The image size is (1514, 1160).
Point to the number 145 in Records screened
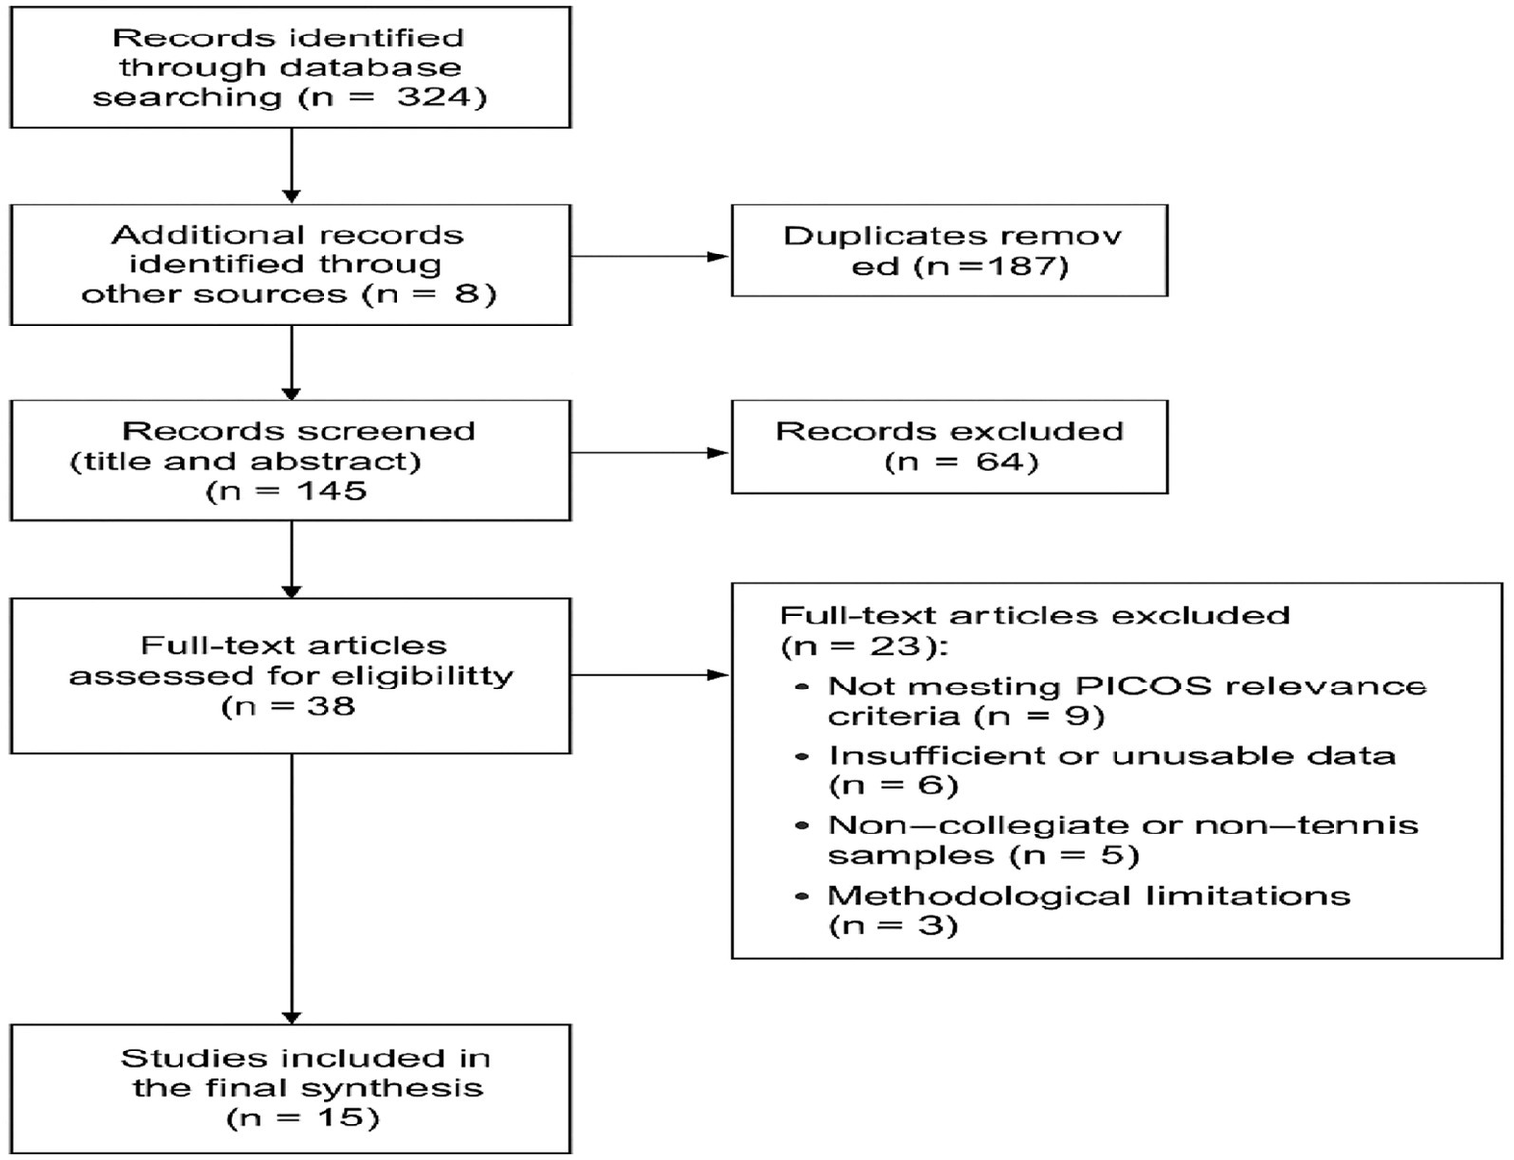tap(330, 491)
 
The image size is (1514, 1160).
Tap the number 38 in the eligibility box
tap(330, 706)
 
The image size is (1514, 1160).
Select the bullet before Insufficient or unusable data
tap(802, 757)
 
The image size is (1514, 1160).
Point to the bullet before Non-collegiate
tap(802, 826)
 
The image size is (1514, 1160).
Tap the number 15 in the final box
tap(339, 1118)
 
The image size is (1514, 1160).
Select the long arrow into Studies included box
tap(292, 888)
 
